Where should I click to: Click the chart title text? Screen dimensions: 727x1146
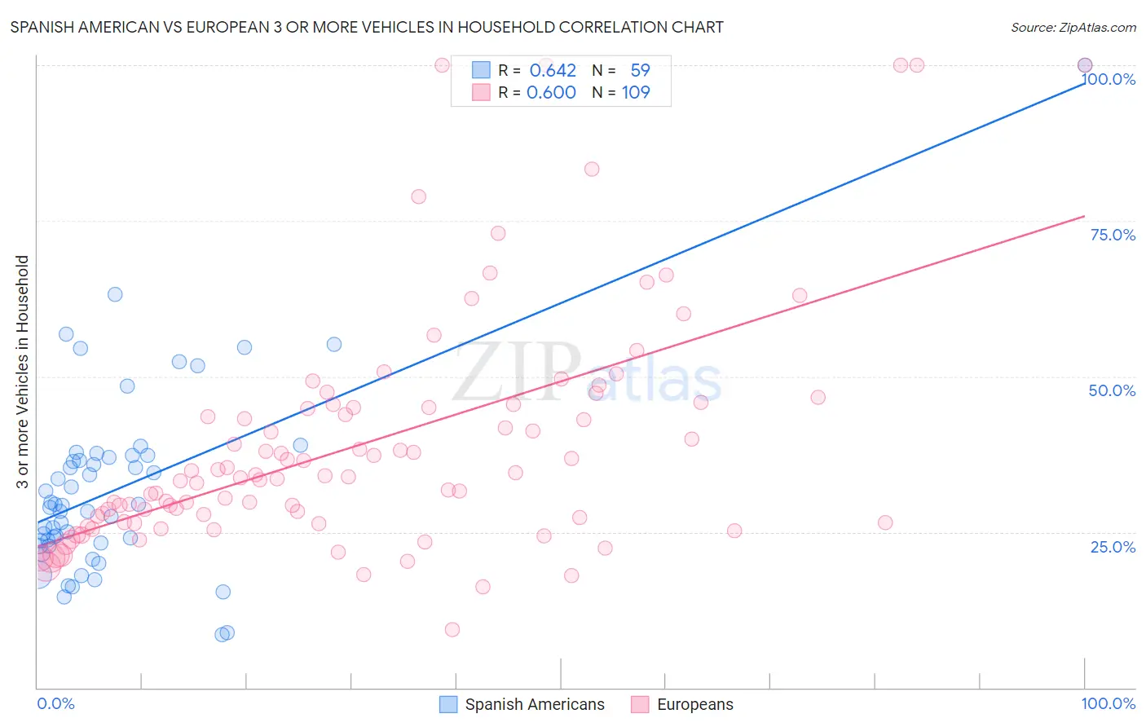367,27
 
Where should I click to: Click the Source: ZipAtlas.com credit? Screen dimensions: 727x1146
1073,27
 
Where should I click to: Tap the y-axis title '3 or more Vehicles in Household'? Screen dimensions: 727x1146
22,372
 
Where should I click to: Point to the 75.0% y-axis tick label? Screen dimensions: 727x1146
1113,235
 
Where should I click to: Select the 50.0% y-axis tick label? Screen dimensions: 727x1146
1112,390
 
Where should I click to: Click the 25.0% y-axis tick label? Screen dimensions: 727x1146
1113,546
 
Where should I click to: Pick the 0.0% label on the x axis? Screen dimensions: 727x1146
55,703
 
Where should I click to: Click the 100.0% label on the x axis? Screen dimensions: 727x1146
1108,703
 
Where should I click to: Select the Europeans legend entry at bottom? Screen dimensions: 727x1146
694,704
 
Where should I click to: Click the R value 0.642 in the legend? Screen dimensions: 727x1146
553,70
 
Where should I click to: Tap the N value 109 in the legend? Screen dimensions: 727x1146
636,92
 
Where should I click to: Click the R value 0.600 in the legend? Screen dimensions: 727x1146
551,92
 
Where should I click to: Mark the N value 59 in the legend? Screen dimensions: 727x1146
640,70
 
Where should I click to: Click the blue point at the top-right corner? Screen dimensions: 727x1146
1084,65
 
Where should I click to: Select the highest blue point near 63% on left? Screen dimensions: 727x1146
115,294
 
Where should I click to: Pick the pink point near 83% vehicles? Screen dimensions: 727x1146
592,169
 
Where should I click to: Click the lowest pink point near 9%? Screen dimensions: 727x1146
452,629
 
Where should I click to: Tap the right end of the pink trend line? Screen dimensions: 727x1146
1084,216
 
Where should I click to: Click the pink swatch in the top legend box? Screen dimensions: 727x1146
481,92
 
